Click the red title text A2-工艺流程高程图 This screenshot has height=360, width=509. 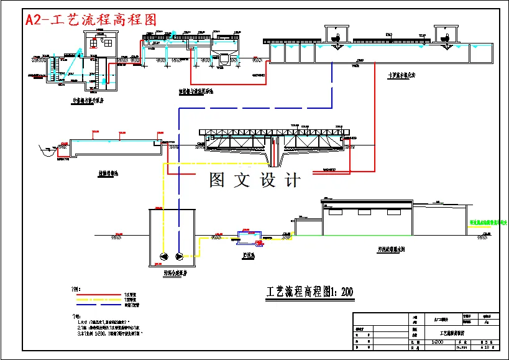[91, 19]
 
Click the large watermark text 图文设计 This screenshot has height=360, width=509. [255, 180]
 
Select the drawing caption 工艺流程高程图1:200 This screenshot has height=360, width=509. [310, 291]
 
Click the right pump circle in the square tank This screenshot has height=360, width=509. [180, 256]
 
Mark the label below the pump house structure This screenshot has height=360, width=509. [86, 99]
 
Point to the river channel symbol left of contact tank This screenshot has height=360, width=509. [46, 150]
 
